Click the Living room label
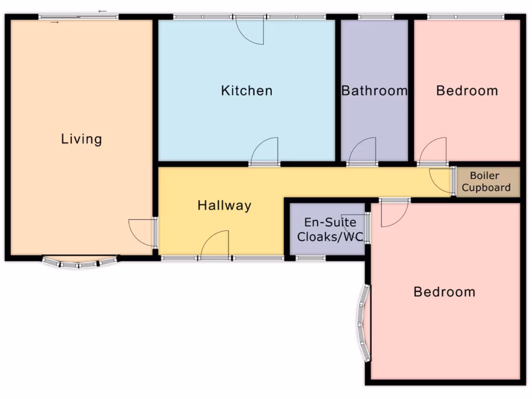coord(82,139)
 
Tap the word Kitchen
coord(246,90)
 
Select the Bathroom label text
coord(374,91)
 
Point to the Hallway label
coord(224,205)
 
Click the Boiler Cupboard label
coord(486,182)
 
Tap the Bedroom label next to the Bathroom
coord(467,91)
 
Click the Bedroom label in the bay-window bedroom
coord(444,292)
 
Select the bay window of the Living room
coord(79,262)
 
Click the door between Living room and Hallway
coord(142,233)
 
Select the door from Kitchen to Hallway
coord(265,152)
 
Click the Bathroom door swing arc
coord(362,152)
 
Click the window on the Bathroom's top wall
coord(376,17)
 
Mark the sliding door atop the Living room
coord(78,17)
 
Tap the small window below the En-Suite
coord(311,258)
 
